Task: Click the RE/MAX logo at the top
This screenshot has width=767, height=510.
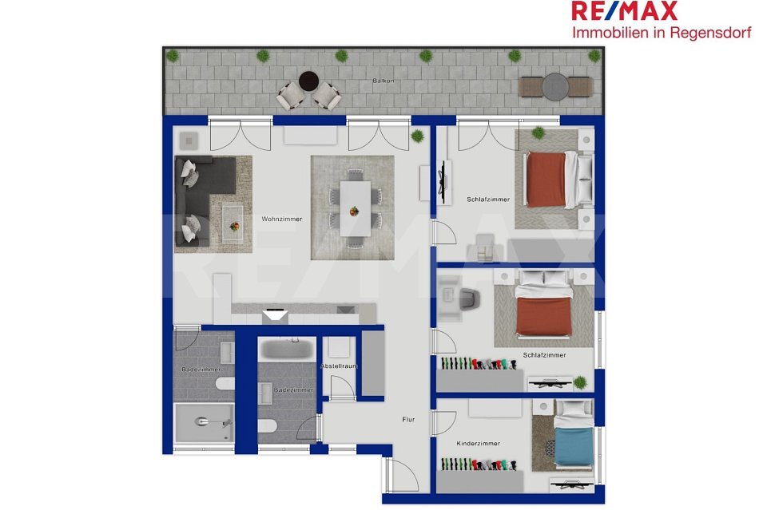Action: click(x=624, y=11)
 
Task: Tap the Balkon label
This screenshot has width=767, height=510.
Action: click(x=383, y=81)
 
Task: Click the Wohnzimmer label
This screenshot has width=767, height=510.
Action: click(x=282, y=219)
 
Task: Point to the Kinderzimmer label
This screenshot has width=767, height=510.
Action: click(x=478, y=444)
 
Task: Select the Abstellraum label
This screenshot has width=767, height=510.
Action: click(x=339, y=366)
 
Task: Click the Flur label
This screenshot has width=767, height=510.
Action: click(x=408, y=419)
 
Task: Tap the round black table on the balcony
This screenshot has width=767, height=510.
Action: click(x=308, y=81)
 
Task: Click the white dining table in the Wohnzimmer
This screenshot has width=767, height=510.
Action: click(x=356, y=208)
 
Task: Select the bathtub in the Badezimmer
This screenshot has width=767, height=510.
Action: click(x=287, y=350)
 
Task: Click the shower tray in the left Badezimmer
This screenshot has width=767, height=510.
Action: click(x=204, y=422)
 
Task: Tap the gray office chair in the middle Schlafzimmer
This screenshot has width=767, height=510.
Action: click(x=469, y=299)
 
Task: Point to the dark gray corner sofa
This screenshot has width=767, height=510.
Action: click(x=196, y=200)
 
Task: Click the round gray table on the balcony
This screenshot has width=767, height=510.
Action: click(x=555, y=87)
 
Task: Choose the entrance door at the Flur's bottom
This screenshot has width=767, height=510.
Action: click(x=402, y=474)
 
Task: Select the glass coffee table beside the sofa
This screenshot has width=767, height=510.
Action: click(x=232, y=223)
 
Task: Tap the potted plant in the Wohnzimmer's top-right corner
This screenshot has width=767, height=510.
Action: click(x=417, y=136)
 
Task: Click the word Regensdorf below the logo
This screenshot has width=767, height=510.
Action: click(x=710, y=33)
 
